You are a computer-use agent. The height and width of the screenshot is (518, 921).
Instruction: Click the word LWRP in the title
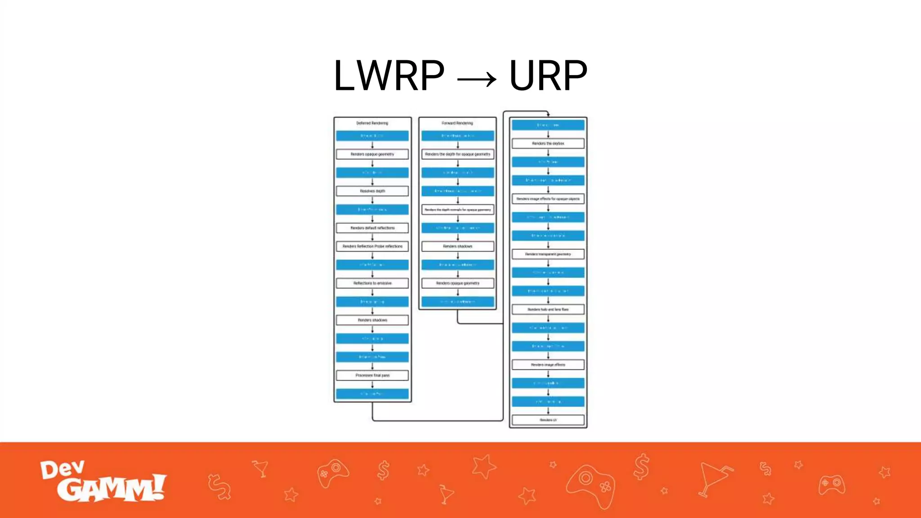pos(389,76)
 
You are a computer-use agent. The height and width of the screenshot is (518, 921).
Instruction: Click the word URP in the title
pos(548,76)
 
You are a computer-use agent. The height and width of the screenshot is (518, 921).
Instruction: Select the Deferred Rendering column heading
pos(372,123)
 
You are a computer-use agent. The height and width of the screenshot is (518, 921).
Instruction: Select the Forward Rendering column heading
pos(457,123)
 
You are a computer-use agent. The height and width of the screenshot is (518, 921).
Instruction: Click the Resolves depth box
pos(372,191)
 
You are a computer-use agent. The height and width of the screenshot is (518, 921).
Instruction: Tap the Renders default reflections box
pos(372,228)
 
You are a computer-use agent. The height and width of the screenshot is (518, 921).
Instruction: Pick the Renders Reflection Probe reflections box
pos(372,246)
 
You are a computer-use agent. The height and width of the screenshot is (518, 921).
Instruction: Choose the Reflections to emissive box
pos(372,283)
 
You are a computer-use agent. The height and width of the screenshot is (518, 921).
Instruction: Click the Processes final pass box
pos(372,375)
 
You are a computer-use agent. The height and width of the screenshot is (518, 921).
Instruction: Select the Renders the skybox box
pos(548,143)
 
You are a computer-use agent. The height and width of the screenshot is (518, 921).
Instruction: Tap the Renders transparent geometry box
pos(548,254)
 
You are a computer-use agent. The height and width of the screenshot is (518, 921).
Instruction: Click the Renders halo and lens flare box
pos(548,309)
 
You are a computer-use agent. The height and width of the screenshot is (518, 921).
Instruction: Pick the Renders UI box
pos(548,420)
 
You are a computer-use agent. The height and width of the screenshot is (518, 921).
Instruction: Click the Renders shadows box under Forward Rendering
pos(458,246)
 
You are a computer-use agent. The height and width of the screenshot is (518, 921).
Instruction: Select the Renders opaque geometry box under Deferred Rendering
pos(372,154)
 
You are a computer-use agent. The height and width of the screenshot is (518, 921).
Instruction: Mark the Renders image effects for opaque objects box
pos(548,199)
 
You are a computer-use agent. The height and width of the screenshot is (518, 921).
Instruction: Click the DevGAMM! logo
pos(103,481)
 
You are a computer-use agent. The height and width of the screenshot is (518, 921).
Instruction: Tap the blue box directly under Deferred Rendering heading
pos(372,136)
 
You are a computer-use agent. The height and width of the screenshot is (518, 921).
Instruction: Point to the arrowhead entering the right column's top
pos(548,115)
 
